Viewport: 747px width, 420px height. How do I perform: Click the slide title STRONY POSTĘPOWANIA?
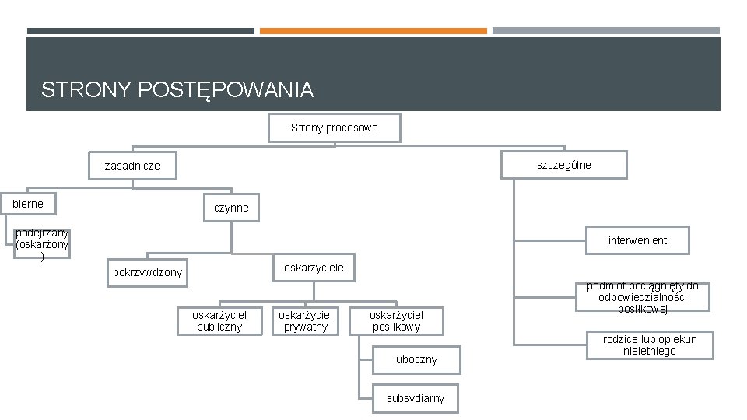pos(177,90)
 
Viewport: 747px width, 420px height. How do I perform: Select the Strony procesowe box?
pos(334,128)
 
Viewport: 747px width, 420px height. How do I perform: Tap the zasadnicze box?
pos(132,166)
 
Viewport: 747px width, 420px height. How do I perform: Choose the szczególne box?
pos(563,165)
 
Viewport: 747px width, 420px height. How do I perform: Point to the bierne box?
pos(29,204)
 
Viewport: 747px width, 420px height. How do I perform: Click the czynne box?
pos(231,208)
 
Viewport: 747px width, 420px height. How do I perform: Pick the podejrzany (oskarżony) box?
pos(42,243)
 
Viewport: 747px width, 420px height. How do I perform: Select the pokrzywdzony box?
pos(147,272)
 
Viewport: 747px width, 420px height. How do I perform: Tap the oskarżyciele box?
pos(313,268)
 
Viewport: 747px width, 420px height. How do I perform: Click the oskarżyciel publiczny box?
pos(219,320)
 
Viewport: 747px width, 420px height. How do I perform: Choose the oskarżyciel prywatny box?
pos(305,320)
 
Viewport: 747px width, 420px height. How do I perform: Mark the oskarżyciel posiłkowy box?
pos(395,320)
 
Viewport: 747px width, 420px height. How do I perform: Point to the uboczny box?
pos(416,359)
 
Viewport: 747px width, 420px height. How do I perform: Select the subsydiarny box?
pos(416,398)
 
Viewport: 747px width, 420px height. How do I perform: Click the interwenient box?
pos(637,240)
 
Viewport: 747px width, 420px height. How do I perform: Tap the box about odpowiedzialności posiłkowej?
pos(642,298)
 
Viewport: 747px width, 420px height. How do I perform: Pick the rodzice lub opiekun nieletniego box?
pos(650,345)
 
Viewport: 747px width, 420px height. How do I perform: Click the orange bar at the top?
pos(373,31)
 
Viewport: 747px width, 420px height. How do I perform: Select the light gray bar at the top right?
pos(605,31)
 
